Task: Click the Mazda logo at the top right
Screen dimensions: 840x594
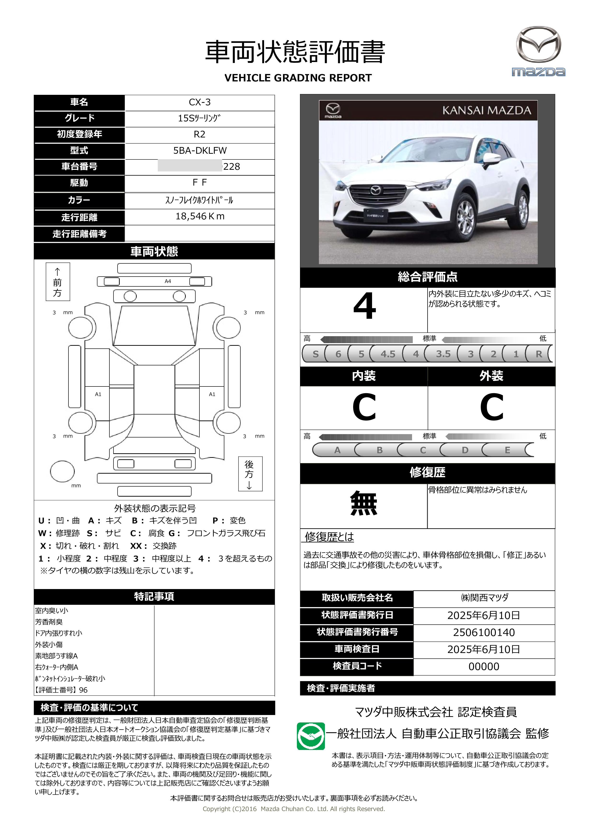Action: pyautogui.click(x=538, y=51)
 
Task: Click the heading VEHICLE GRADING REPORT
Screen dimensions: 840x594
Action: pyautogui.click(x=298, y=78)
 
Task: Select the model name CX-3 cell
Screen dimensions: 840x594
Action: pyautogui.click(x=199, y=102)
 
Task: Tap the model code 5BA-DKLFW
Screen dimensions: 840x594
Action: pyautogui.click(x=200, y=151)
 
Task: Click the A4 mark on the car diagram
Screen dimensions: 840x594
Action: pyautogui.click(x=168, y=281)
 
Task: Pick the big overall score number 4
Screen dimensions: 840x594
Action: pyautogui.click(x=364, y=306)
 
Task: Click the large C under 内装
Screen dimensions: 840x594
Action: pyautogui.click(x=364, y=407)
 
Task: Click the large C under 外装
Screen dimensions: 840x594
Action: pyautogui.click(x=492, y=407)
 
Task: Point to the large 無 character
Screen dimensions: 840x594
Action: pyautogui.click(x=364, y=503)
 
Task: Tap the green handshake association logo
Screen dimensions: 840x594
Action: pyautogui.click(x=311, y=736)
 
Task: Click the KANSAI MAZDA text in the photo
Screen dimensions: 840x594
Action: pyautogui.click(x=487, y=110)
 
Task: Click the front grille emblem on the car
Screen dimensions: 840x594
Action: pyautogui.click(x=376, y=190)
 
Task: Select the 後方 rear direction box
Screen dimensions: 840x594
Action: pyautogui.click(x=250, y=474)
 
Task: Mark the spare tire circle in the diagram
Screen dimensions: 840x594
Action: pyautogui.click(x=62, y=471)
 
